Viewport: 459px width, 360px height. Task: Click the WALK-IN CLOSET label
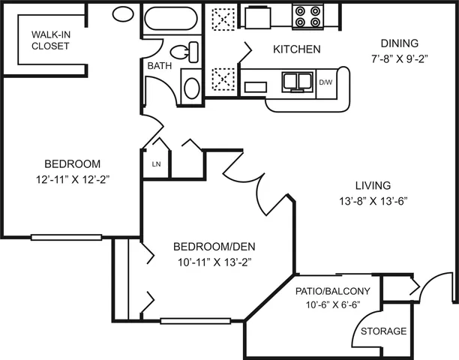[51, 40]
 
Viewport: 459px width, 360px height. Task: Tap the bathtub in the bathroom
[171, 19]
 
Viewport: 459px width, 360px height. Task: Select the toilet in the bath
[184, 52]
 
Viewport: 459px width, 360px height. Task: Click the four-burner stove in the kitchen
[307, 17]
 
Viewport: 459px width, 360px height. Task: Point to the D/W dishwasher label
[325, 82]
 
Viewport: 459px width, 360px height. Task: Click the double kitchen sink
[297, 81]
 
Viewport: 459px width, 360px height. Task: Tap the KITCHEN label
[297, 49]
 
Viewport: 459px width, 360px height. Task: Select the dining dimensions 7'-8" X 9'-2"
[400, 59]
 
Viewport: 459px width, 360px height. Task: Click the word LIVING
[373, 185]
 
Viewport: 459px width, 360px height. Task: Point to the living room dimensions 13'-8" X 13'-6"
[373, 201]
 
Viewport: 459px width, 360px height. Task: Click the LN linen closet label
[156, 164]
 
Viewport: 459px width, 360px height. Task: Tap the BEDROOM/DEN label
[214, 247]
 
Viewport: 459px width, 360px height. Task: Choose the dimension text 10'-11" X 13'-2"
[214, 262]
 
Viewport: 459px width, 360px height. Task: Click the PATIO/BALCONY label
[333, 291]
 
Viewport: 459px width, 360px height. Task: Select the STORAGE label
[384, 331]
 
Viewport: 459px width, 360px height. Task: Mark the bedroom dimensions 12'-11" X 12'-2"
[73, 179]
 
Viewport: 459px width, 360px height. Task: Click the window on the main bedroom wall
[66, 237]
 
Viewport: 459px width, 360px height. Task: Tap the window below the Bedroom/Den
[196, 321]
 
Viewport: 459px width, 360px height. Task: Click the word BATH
[160, 66]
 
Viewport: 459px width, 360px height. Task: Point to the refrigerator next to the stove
[257, 17]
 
